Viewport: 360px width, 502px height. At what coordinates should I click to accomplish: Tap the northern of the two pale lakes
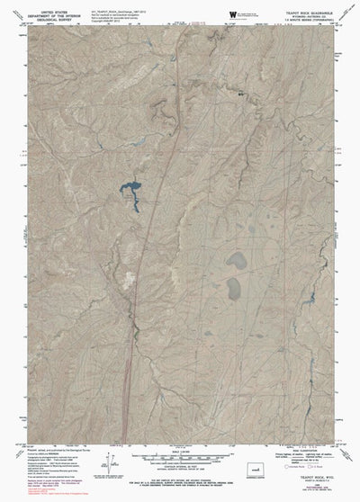coord(236,261)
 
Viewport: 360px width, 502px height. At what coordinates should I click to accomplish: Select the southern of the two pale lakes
coord(234,289)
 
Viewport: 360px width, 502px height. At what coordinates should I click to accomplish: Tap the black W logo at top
coord(233,13)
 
